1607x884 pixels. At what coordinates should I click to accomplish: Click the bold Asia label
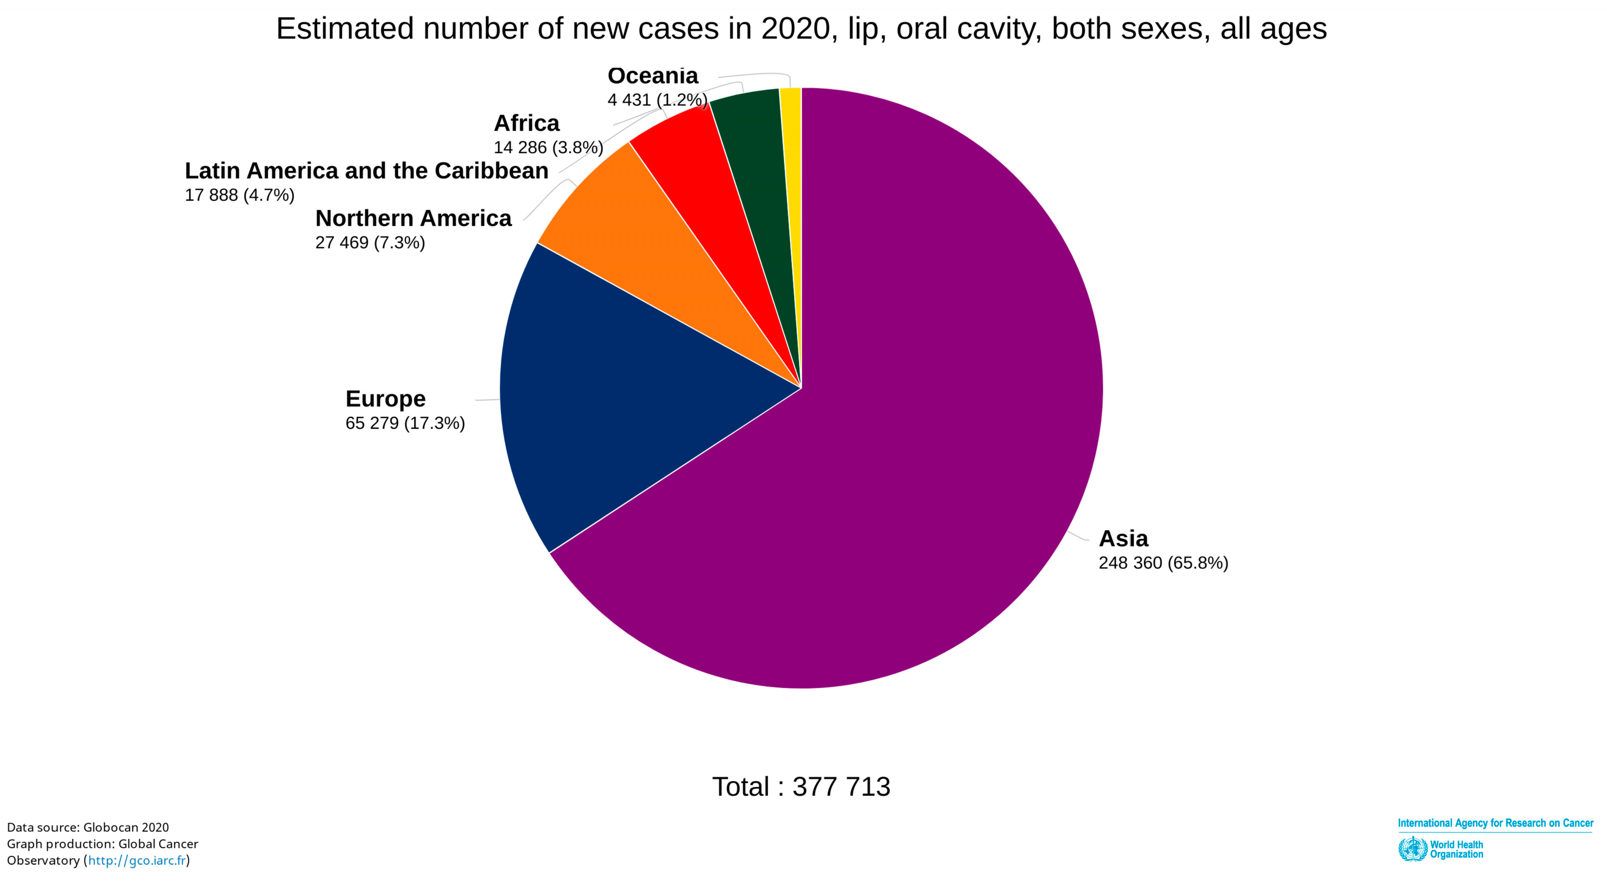tap(1123, 539)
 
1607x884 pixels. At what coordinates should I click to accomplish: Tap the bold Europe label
tap(385, 399)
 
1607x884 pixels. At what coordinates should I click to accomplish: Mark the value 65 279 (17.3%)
tap(405, 423)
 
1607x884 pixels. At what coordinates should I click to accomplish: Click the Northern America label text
tap(413, 218)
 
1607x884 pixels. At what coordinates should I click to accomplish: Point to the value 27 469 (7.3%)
tap(370, 243)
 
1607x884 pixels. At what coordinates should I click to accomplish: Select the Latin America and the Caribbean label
tap(366, 171)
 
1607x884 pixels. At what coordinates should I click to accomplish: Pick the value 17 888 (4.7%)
tap(240, 195)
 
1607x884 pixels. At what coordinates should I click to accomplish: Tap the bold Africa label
tap(527, 123)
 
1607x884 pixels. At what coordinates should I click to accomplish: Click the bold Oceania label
tap(652, 76)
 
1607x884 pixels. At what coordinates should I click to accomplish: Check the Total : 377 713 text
tap(801, 787)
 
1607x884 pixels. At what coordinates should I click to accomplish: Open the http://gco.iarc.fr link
tap(137, 861)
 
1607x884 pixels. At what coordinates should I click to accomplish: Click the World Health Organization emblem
tap(1412, 849)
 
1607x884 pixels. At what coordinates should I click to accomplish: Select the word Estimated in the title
tap(345, 28)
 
